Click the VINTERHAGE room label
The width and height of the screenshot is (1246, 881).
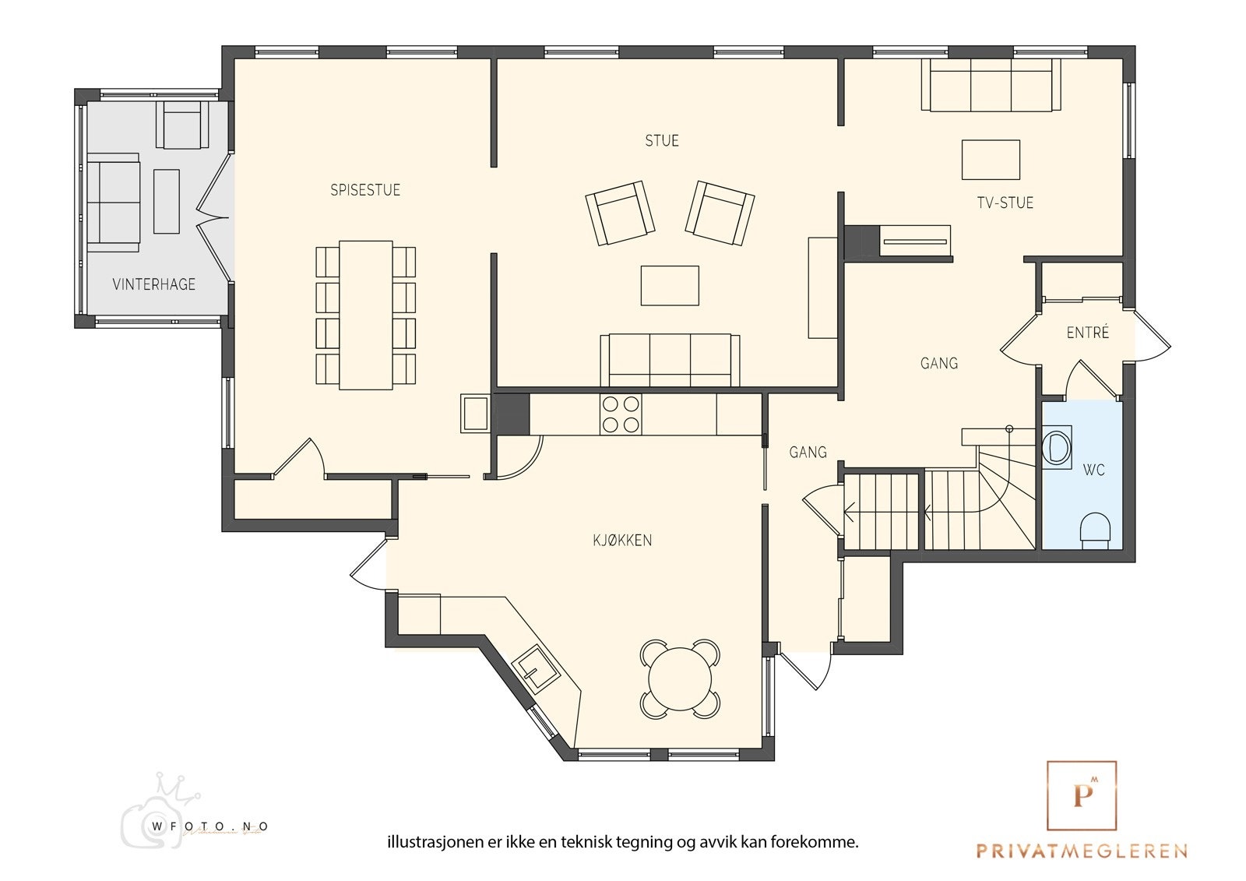(154, 284)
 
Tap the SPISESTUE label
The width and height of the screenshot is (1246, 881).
(365, 190)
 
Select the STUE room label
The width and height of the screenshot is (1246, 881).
(662, 141)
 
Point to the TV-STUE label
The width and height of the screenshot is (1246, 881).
(1005, 203)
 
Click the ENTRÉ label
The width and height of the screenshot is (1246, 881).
(1087, 333)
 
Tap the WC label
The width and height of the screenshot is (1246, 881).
(1093, 470)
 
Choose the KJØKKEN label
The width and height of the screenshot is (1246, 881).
(622, 540)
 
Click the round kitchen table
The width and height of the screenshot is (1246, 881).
(680, 678)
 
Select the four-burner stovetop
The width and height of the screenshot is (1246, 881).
(621, 414)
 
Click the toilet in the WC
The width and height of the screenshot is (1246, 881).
(1095, 530)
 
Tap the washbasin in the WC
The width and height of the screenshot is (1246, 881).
(1056, 447)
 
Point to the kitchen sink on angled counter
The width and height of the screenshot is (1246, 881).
(535, 670)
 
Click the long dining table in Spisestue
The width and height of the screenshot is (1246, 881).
(365, 315)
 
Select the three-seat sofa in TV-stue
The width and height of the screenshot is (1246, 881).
(991, 85)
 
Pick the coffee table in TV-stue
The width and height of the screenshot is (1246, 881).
(991, 160)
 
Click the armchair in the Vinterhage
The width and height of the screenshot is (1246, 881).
(178, 125)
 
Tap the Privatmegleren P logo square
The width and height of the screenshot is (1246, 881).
(1082, 795)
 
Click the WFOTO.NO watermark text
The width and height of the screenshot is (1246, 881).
(209, 826)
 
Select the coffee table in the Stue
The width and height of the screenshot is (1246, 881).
(670, 286)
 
